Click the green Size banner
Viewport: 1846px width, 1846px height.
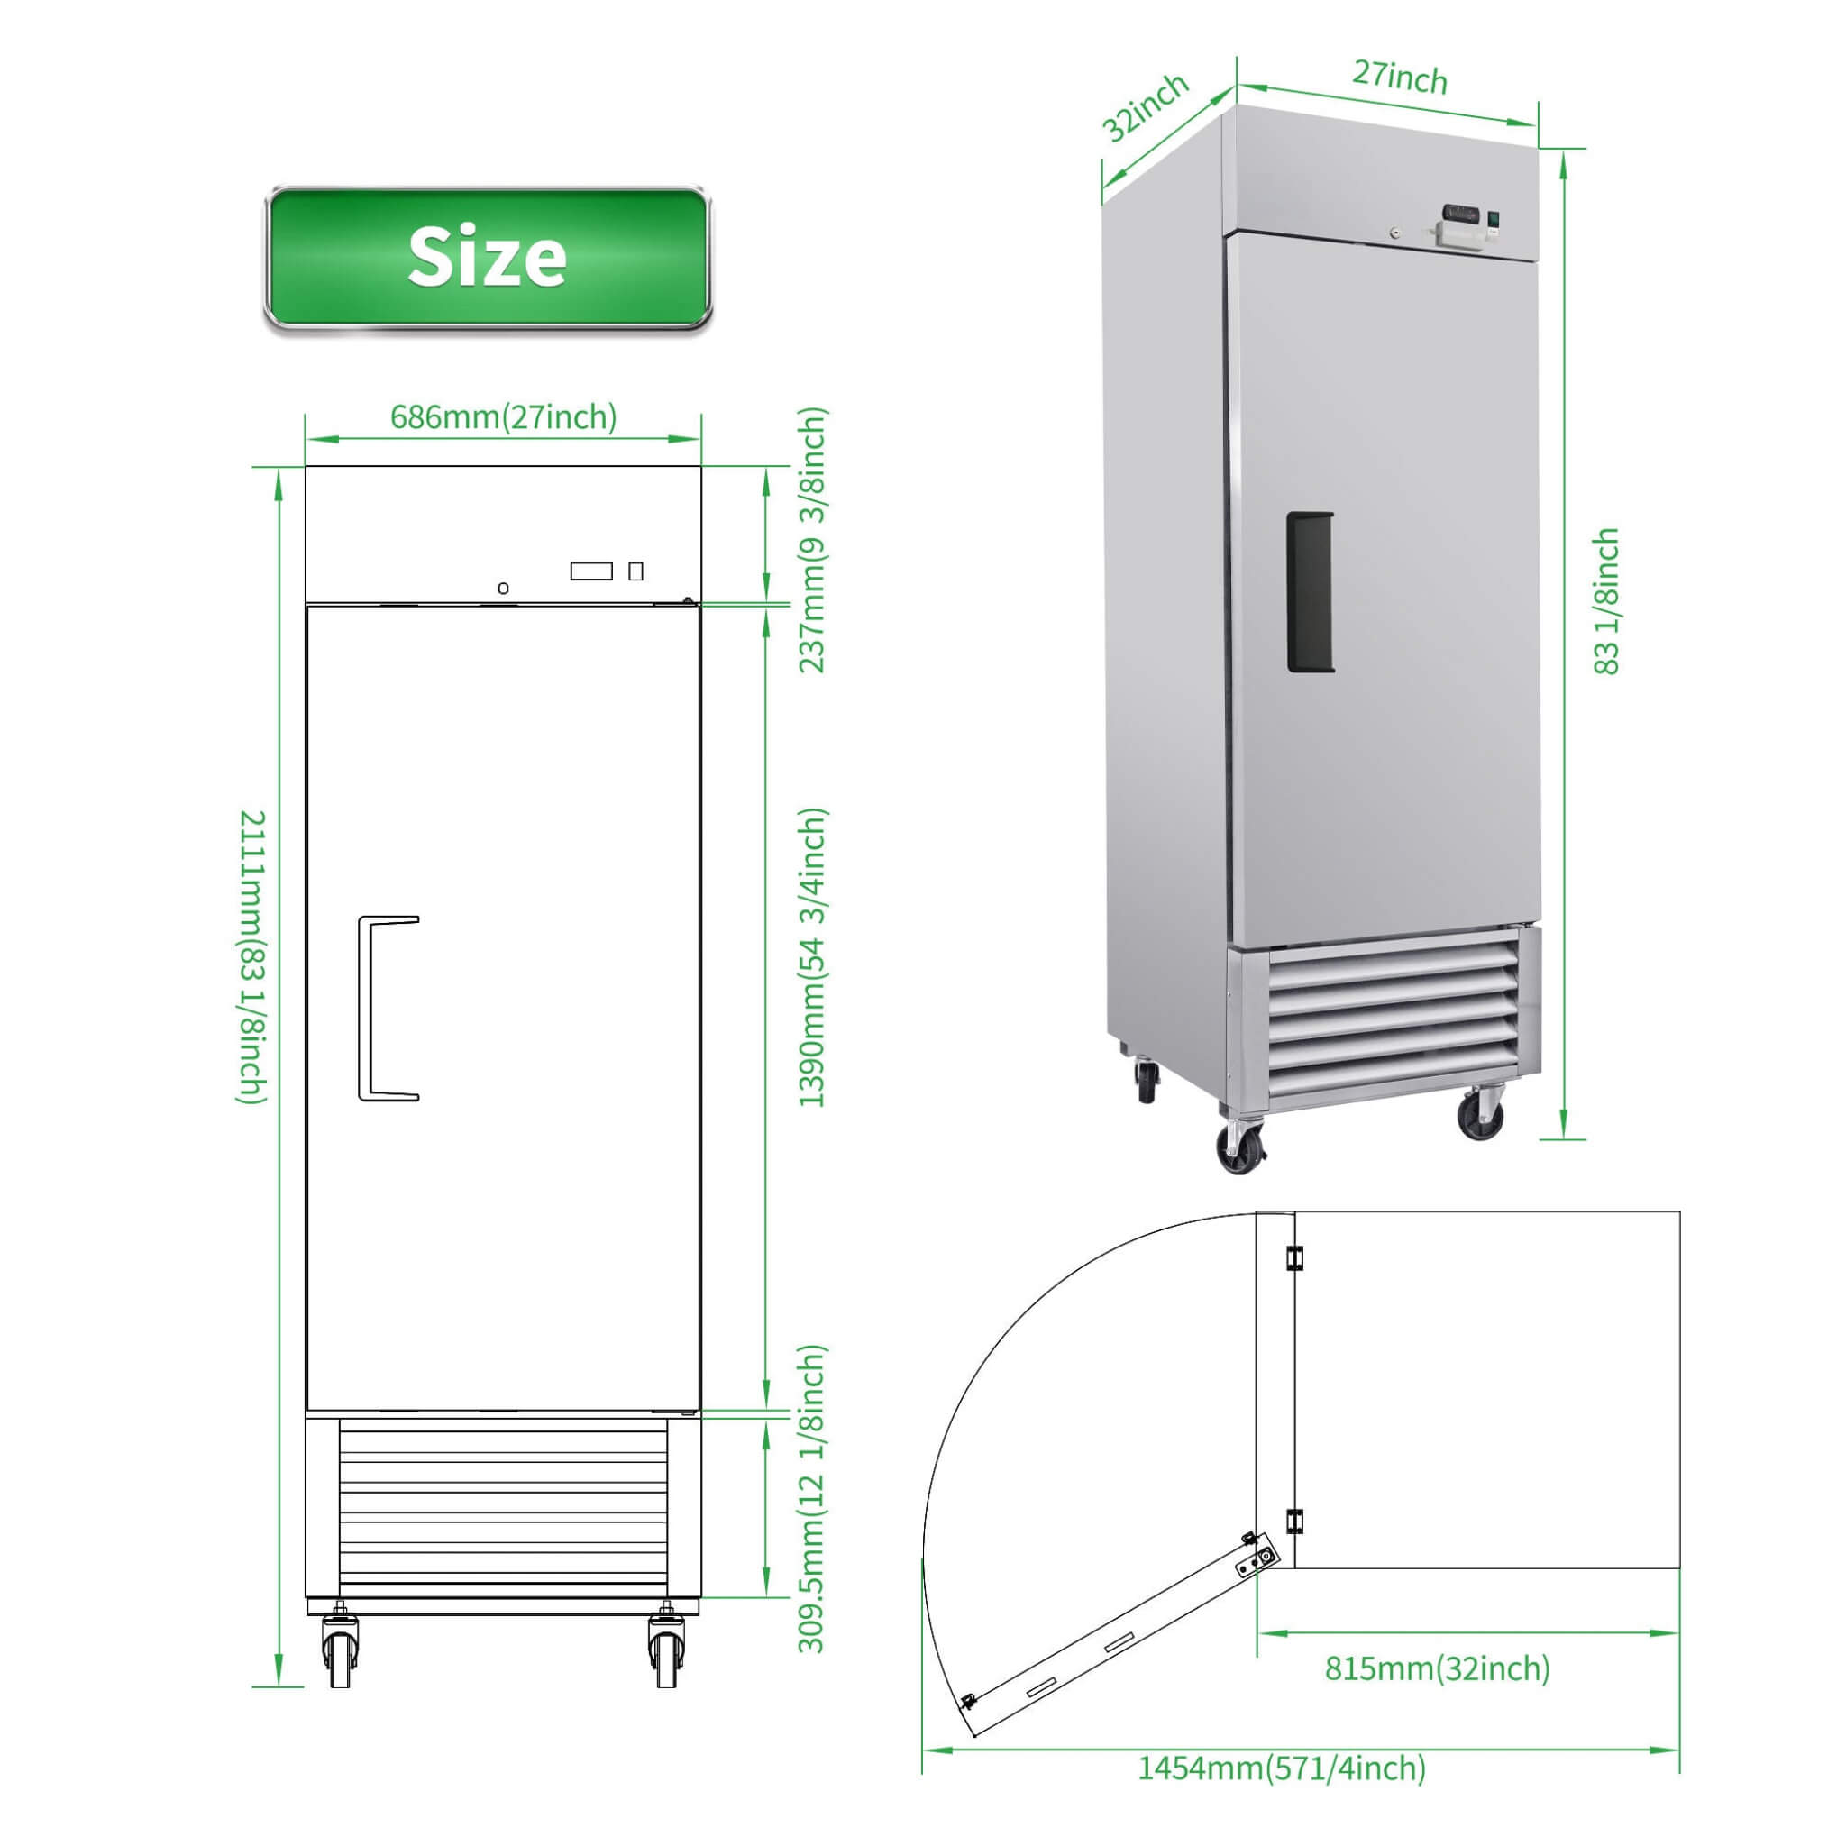pos(488,258)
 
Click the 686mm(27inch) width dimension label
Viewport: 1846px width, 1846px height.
pos(504,417)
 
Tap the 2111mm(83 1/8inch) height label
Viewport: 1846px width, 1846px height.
pos(252,956)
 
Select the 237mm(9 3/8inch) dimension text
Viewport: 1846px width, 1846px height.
pos(812,540)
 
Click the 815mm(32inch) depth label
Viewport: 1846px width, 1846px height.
pos(1437,1668)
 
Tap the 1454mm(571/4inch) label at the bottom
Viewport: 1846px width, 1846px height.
pos(1282,1767)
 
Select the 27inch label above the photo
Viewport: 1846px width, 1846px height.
pos(1399,78)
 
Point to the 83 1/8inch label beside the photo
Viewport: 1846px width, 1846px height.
pos(1606,602)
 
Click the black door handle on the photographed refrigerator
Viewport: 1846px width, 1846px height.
pos(1309,592)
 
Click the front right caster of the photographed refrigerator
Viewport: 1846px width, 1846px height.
pos(1480,1115)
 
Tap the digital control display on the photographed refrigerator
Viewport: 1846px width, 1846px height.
pos(1461,212)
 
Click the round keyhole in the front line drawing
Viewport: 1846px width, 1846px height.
pos(504,588)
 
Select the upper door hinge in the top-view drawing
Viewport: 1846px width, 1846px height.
pos(1294,1257)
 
